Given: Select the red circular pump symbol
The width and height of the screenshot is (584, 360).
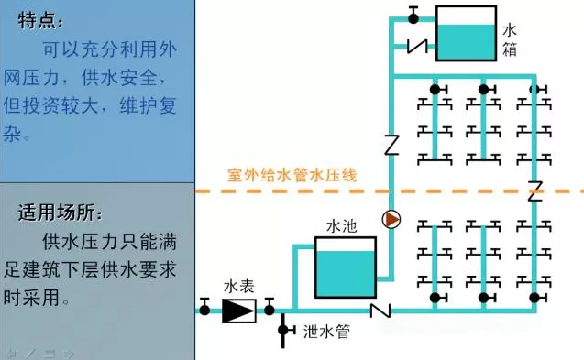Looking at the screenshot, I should click(391, 220).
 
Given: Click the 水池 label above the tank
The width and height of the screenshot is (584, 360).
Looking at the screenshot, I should click(341, 224).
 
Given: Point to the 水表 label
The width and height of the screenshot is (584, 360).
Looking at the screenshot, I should click(238, 286).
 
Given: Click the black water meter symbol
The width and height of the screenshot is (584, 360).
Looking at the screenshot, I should click(238, 310).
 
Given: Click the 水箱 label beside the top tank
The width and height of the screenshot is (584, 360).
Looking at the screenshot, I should click(511, 38).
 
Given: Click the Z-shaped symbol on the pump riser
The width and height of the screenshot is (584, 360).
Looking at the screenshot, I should click(391, 145).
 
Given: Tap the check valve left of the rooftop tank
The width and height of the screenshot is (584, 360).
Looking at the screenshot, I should click(419, 45).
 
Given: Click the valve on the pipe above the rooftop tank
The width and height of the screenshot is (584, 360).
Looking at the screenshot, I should click(413, 14).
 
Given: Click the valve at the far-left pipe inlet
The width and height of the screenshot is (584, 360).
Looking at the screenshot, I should click(204, 308).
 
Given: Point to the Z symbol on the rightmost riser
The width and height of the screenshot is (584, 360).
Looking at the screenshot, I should click(535, 192).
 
